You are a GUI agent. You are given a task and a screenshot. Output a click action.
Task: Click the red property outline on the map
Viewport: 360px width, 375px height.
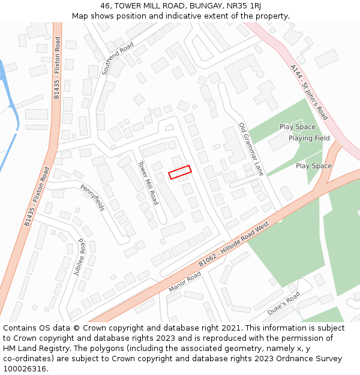point(179,172)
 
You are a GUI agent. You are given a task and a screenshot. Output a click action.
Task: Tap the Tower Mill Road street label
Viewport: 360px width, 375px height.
point(148,182)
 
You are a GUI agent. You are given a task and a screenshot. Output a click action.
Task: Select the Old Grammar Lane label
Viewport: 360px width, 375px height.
point(251,149)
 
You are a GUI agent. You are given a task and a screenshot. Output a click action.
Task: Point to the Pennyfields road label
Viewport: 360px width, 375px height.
point(93,197)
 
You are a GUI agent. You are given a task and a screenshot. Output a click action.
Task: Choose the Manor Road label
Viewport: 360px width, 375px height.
point(185,281)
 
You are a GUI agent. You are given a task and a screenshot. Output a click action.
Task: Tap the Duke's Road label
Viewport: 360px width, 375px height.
point(283,305)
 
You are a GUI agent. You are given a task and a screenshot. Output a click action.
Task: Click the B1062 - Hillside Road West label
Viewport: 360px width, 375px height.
point(234,245)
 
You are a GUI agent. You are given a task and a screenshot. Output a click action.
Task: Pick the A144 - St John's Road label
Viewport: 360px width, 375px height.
point(309,92)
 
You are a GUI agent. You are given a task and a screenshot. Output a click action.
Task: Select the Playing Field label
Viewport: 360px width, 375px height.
point(309,138)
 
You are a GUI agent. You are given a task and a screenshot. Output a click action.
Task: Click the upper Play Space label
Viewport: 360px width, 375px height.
point(297,127)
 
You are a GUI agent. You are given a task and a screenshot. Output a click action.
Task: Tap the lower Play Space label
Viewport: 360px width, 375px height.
point(313,166)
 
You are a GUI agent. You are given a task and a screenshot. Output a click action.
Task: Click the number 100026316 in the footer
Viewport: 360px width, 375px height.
point(24,368)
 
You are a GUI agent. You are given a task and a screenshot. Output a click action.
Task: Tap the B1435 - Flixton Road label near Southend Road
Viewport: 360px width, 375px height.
point(58,61)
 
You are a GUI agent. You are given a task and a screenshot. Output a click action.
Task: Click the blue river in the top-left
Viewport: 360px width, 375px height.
point(8,96)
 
